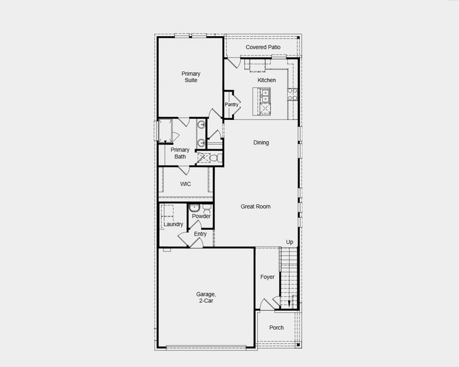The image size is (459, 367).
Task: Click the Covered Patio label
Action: [263, 47]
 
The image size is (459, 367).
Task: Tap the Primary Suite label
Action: [190, 77]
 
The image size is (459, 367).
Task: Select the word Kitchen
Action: [266, 80]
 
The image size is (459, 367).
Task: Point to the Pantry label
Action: [231, 105]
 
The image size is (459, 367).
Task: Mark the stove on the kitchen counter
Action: [293, 94]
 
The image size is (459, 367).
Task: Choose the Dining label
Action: [261, 143]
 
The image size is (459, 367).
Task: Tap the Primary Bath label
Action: [180, 153]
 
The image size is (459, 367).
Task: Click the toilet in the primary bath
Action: [214, 158]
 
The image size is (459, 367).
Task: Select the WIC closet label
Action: [185, 183]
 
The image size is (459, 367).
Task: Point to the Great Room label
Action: [255, 206]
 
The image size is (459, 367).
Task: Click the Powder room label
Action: [201, 216]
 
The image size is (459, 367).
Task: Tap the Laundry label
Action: [173, 224]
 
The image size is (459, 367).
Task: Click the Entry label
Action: [200, 234]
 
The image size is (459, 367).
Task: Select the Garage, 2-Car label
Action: [205, 297]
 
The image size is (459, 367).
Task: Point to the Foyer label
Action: [267, 277]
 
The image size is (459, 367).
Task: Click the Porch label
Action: [277, 327]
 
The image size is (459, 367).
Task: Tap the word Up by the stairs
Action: [289, 242]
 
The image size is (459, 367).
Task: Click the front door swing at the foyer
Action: [265, 304]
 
